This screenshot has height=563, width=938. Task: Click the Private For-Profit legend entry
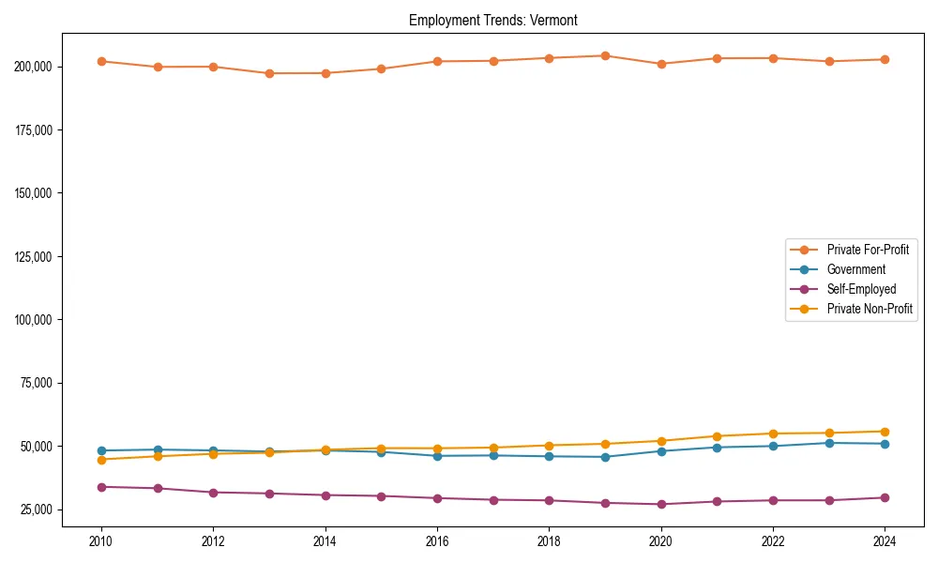click(868, 250)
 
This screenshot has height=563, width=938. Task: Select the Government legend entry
click(855, 269)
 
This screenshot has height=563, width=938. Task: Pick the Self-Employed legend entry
click(861, 289)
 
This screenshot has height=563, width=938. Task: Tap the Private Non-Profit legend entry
click(870, 309)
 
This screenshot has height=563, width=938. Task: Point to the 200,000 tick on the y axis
click(35, 67)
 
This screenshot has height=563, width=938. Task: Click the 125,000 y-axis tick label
click(35, 256)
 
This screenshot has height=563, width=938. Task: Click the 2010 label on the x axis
click(101, 541)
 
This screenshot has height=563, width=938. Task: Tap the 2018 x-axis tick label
click(549, 541)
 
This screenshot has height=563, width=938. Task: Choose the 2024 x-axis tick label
click(885, 541)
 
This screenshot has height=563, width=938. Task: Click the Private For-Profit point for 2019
click(605, 55)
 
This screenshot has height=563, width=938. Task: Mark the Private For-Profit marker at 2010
click(101, 61)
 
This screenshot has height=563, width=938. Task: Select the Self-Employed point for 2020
click(661, 504)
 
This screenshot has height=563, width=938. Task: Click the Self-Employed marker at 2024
click(885, 497)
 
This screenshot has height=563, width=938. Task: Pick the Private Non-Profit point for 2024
click(885, 432)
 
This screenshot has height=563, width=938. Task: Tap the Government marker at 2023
click(829, 443)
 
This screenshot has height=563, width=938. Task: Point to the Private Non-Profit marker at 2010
click(101, 460)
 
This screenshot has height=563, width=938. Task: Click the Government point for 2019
click(605, 457)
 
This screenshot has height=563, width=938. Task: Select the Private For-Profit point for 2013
click(269, 73)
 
